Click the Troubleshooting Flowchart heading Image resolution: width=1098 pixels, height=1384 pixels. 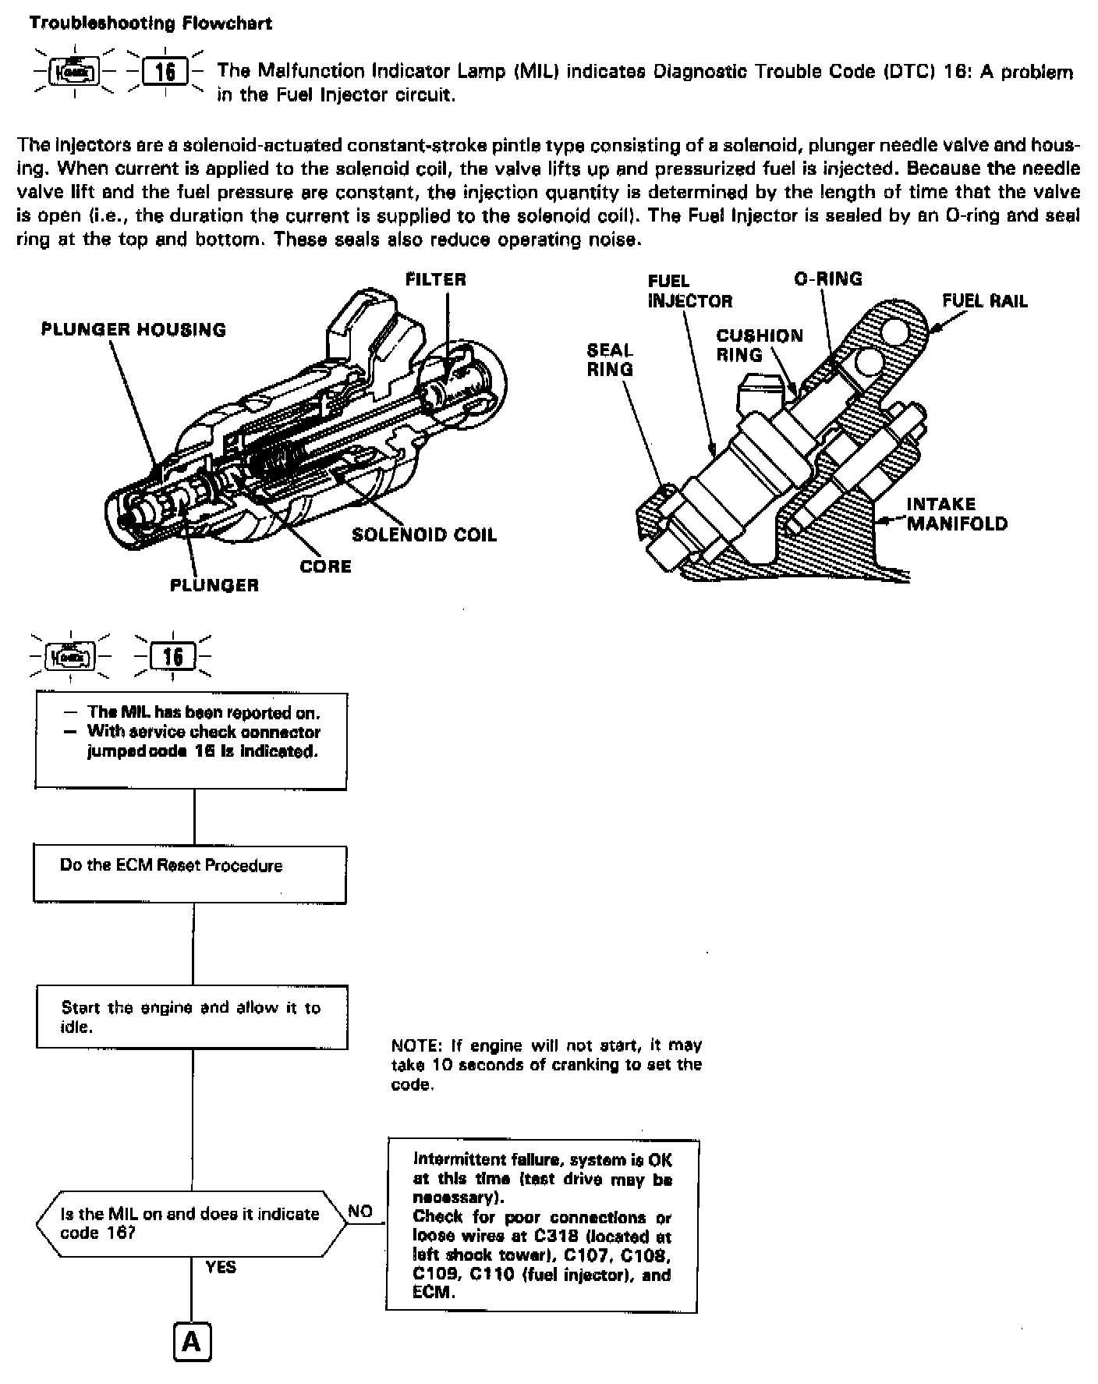pos(151,23)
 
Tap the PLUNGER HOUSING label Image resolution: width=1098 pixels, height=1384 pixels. pos(133,330)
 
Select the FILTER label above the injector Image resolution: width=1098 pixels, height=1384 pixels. pos(435,279)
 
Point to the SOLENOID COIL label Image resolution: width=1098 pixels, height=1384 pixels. pos(423,534)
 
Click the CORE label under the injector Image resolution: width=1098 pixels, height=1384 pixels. pos(325,566)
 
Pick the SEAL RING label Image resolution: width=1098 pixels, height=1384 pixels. pos(610,360)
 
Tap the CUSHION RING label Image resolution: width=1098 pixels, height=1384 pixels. pos(759,346)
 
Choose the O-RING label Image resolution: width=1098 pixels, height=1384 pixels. pos(827,279)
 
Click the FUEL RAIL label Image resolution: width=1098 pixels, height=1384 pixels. pos(984,301)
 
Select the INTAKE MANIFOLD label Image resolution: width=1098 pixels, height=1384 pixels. pos(956,513)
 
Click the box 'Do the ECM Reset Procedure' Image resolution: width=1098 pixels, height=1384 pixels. pos(189,875)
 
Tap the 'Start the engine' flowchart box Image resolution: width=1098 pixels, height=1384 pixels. pos(192,1017)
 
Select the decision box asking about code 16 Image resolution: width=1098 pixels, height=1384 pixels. pos(191,1223)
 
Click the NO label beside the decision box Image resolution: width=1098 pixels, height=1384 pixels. pos(360,1212)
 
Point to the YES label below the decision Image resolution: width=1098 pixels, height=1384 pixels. pos(221,1267)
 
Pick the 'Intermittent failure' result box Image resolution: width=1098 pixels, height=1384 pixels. pos(542,1225)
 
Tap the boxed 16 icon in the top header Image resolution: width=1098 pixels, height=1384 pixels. pos(165,73)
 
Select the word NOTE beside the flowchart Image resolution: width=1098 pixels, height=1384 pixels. pos(415,1045)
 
